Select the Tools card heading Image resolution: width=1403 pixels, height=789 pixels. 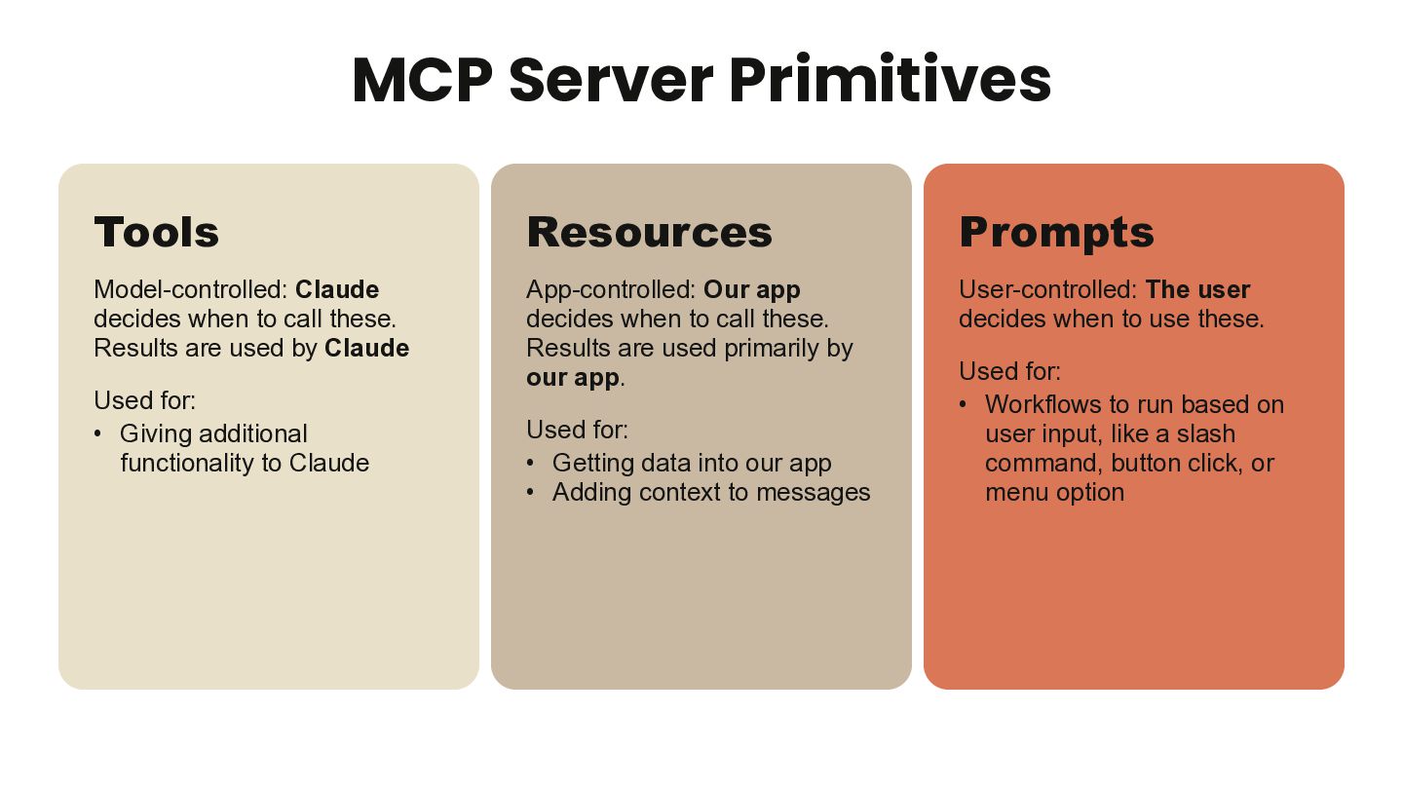(156, 232)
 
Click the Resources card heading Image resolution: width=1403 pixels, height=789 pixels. (649, 232)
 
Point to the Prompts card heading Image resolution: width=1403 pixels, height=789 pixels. (1056, 232)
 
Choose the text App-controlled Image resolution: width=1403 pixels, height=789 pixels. (611, 289)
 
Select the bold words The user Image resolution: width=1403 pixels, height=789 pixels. (1197, 289)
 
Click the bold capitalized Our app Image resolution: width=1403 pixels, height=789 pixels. (751, 289)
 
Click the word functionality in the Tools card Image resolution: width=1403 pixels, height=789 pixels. (188, 463)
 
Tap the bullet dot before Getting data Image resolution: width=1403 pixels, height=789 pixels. (531, 463)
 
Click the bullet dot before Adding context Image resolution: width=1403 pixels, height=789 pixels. (531, 492)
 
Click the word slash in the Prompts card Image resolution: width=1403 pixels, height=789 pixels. (1205, 433)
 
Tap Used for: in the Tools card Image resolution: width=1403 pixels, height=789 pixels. (144, 400)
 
